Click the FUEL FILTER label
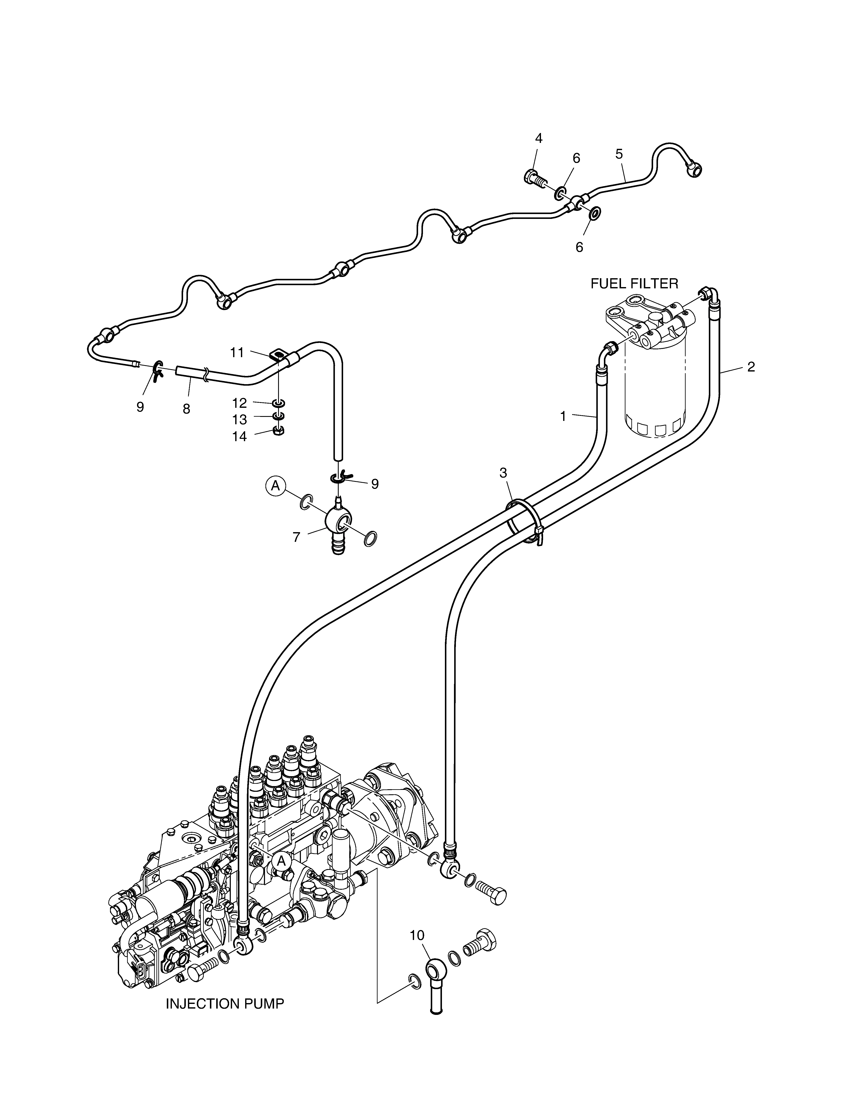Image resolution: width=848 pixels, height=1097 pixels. [634, 284]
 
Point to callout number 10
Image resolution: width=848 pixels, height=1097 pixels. [417, 935]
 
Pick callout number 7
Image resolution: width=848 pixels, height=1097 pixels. [296, 537]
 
